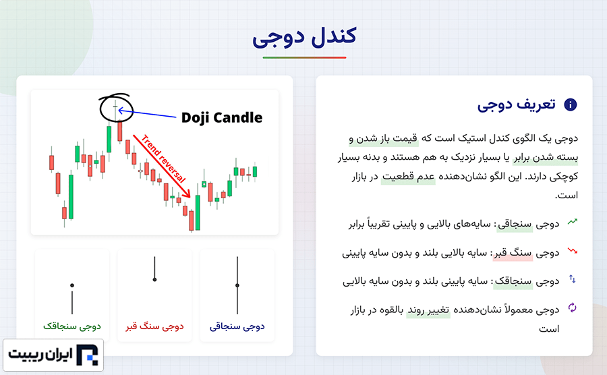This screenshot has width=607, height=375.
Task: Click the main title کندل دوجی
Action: point(304,37)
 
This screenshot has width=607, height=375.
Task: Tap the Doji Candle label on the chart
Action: point(222,117)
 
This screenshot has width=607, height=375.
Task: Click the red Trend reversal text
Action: point(163,158)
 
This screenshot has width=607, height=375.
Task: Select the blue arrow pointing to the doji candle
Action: point(147,114)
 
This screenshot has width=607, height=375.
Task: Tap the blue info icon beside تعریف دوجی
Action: point(570,105)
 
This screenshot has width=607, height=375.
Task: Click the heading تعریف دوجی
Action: point(516,105)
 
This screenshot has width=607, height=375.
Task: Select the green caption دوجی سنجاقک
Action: point(72,326)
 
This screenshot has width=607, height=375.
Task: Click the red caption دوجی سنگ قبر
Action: point(154,326)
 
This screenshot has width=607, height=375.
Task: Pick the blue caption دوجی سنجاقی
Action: point(237,326)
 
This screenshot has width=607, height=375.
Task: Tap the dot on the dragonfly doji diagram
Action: point(72,285)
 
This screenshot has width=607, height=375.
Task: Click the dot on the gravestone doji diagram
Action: point(154,279)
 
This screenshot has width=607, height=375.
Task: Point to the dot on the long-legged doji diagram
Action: point(237,285)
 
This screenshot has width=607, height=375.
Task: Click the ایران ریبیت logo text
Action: point(40,354)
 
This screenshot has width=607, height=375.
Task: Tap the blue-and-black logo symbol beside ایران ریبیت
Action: point(87,355)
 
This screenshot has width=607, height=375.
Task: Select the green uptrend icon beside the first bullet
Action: point(572,222)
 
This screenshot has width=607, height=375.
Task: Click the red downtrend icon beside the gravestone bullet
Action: point(572,251)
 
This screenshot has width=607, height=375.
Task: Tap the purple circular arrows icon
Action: point(572,308)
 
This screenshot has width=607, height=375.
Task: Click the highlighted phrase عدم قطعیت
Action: point(408,177)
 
